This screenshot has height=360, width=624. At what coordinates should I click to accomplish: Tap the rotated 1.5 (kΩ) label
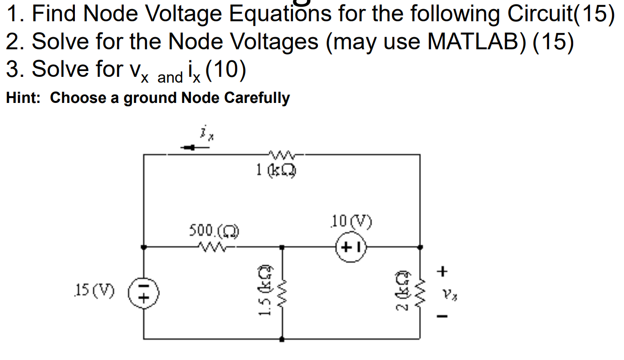264,292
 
